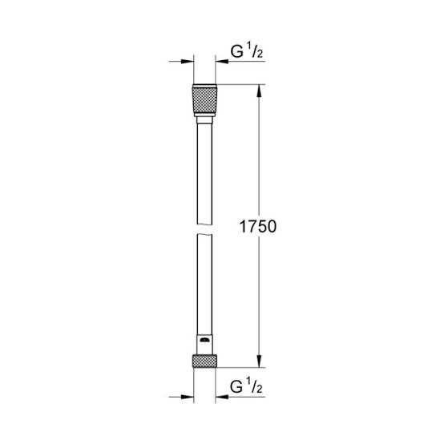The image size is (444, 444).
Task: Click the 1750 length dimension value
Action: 258,227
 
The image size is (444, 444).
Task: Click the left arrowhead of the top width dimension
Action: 188,60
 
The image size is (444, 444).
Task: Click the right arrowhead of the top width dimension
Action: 220,60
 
